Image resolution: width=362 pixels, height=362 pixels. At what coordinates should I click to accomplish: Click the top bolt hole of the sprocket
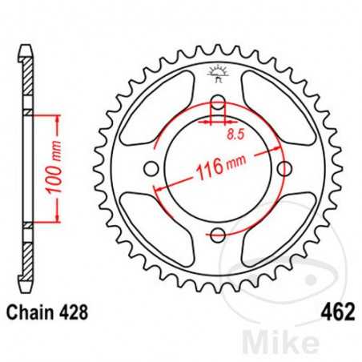point(215,103)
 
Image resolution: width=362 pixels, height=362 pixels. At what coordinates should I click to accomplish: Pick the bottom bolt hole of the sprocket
point(215,234)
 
